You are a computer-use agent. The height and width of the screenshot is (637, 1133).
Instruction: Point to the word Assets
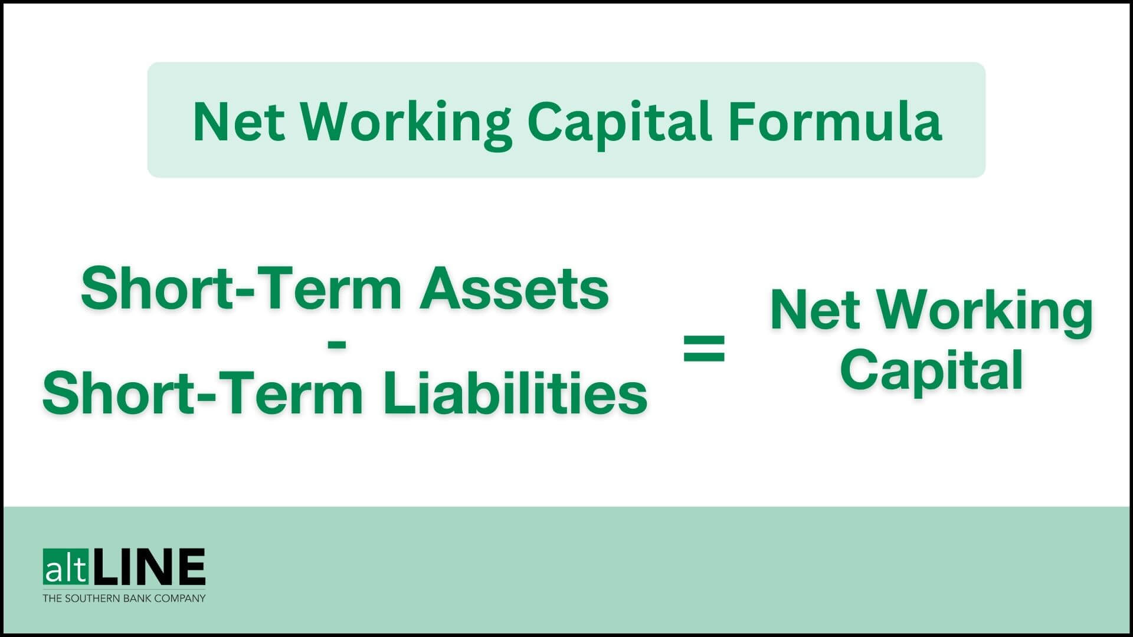pos(513,288)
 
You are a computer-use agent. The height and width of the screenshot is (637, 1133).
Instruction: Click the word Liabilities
pos(515,393)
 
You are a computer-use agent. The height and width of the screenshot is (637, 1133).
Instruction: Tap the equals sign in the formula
pos(704,347)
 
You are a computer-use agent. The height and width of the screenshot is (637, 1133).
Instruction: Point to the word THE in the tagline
pos(52,598)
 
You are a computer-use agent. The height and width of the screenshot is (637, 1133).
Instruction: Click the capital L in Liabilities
pos(396,393)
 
